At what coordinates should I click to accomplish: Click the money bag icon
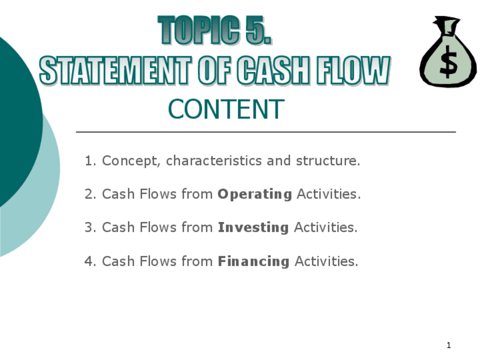click(x=448, y=52)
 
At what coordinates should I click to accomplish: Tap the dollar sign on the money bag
click(x=448, y=62)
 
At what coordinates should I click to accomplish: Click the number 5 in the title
click(x=259, y=30)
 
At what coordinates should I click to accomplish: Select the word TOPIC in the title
click(x=199, y=29)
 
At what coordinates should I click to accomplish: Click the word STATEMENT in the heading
click(x=115, y=71)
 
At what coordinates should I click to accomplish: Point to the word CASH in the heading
click(x=273, y=70)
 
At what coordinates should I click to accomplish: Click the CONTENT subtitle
click(x=226, y=109)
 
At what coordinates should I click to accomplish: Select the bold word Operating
click(x=255, y=195)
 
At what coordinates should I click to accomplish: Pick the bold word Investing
click(x=253, y=228)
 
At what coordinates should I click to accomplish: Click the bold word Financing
click(x=254, y=262)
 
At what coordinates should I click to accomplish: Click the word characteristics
click(x=213, y=161)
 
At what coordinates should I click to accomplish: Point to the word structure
click(x=328, y=161)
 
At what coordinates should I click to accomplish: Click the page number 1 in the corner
click(x=449, y=345)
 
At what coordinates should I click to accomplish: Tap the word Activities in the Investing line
click(x=325, y=228)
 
